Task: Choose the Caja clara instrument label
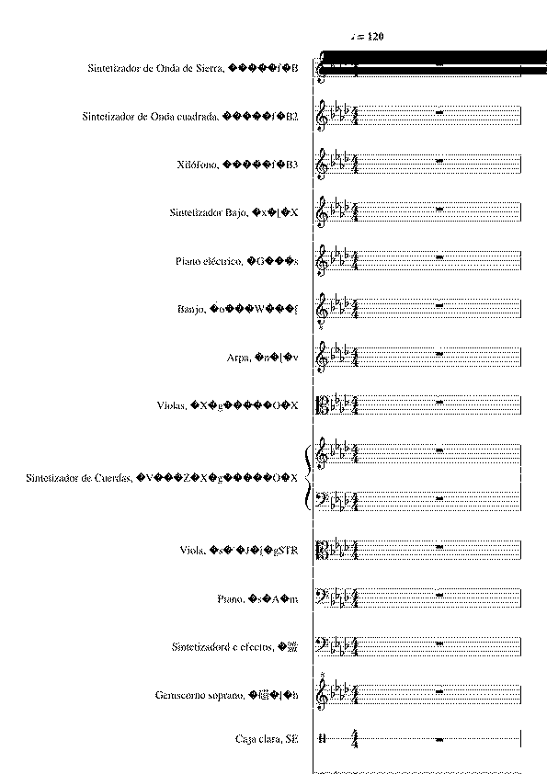tap(267, 739)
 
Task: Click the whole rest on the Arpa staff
tap(440, 353)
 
